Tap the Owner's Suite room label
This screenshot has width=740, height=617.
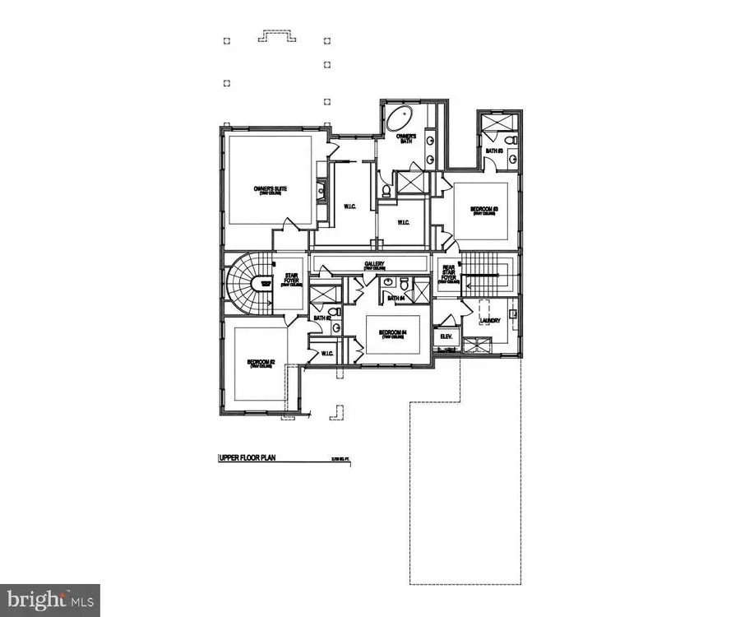pos(270,190)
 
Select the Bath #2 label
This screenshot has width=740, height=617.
pos(321,318)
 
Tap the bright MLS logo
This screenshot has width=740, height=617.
pos(49,599)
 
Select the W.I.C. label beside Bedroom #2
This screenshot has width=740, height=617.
pos(326,355)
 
